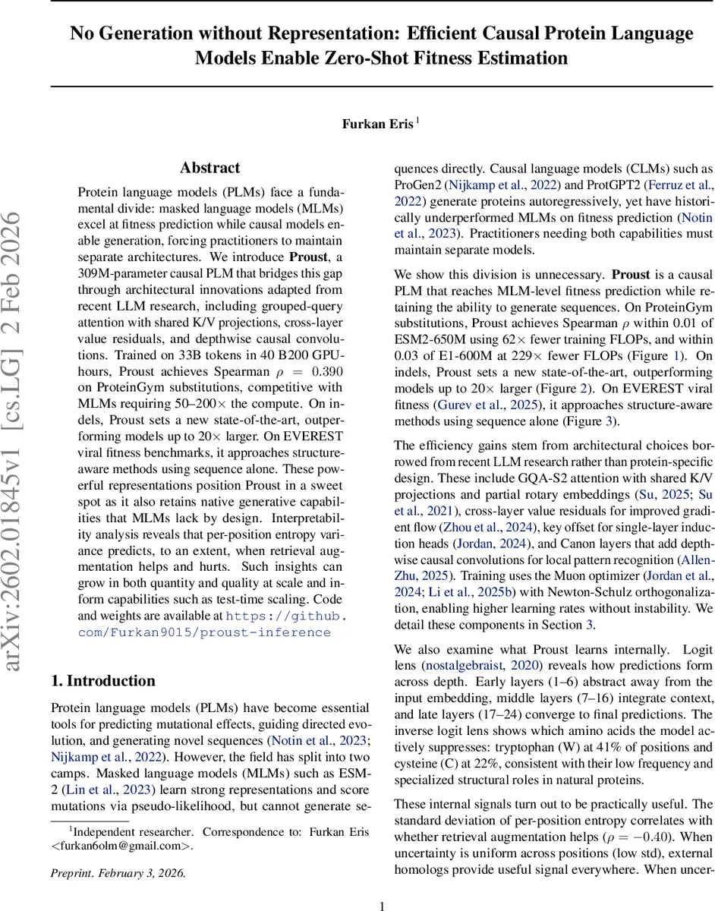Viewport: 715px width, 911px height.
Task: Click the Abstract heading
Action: [210, 168]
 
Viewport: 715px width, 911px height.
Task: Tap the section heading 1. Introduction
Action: [102, 680]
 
